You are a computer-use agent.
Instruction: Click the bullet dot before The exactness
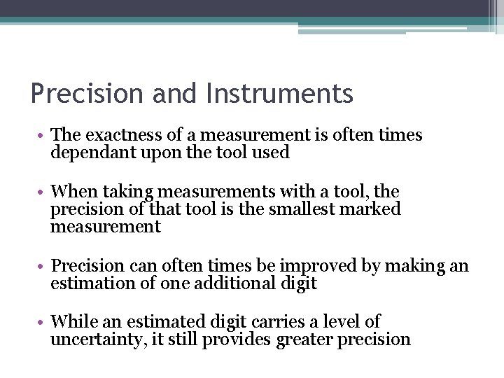[43, 136]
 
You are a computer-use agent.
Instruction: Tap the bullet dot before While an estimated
[43, 323]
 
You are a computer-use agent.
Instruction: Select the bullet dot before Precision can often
[43, 267]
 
